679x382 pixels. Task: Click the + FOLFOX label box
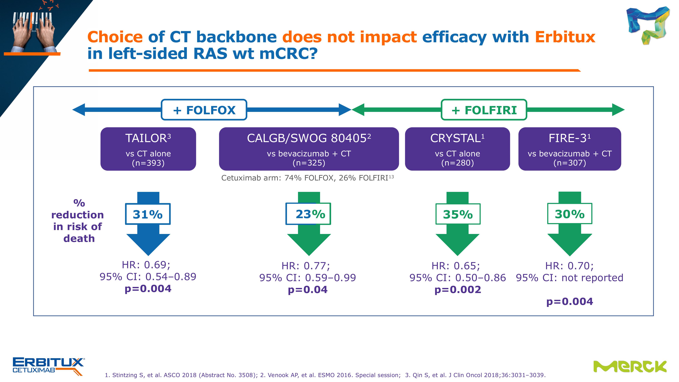coord(204,110)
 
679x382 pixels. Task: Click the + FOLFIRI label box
coord(484,110)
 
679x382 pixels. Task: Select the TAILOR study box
coord(148,149)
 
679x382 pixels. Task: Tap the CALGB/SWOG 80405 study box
coord(309,149)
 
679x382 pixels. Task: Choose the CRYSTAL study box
coord(457,149)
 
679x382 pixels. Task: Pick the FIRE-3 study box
coord(570,149)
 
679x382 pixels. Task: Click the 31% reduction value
coord(148,214)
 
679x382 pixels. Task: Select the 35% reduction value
coord(458,214)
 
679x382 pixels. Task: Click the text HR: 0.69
coord(146,265)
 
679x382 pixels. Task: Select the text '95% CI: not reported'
coord(570,278)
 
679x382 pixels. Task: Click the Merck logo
coord(630,366)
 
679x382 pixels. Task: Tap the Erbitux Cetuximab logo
coord(49,366)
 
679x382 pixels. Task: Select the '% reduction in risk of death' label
coord(78,221)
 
